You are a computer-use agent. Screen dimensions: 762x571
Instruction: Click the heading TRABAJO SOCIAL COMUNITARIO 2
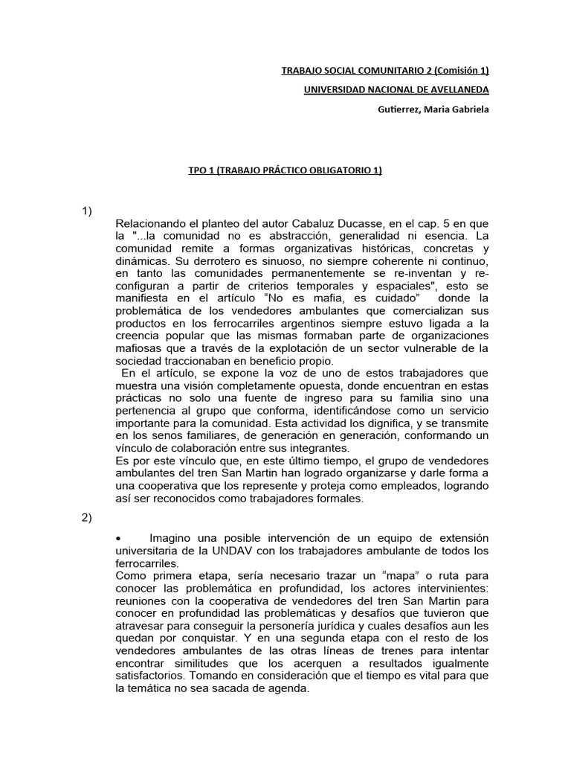click(x=384, y=71)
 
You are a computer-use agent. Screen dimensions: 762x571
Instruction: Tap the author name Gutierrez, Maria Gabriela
click(x=434, y=110)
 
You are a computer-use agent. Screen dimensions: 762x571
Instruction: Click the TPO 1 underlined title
click(x=285, y=170)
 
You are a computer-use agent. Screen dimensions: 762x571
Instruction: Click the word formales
click(x=337, y=499)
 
